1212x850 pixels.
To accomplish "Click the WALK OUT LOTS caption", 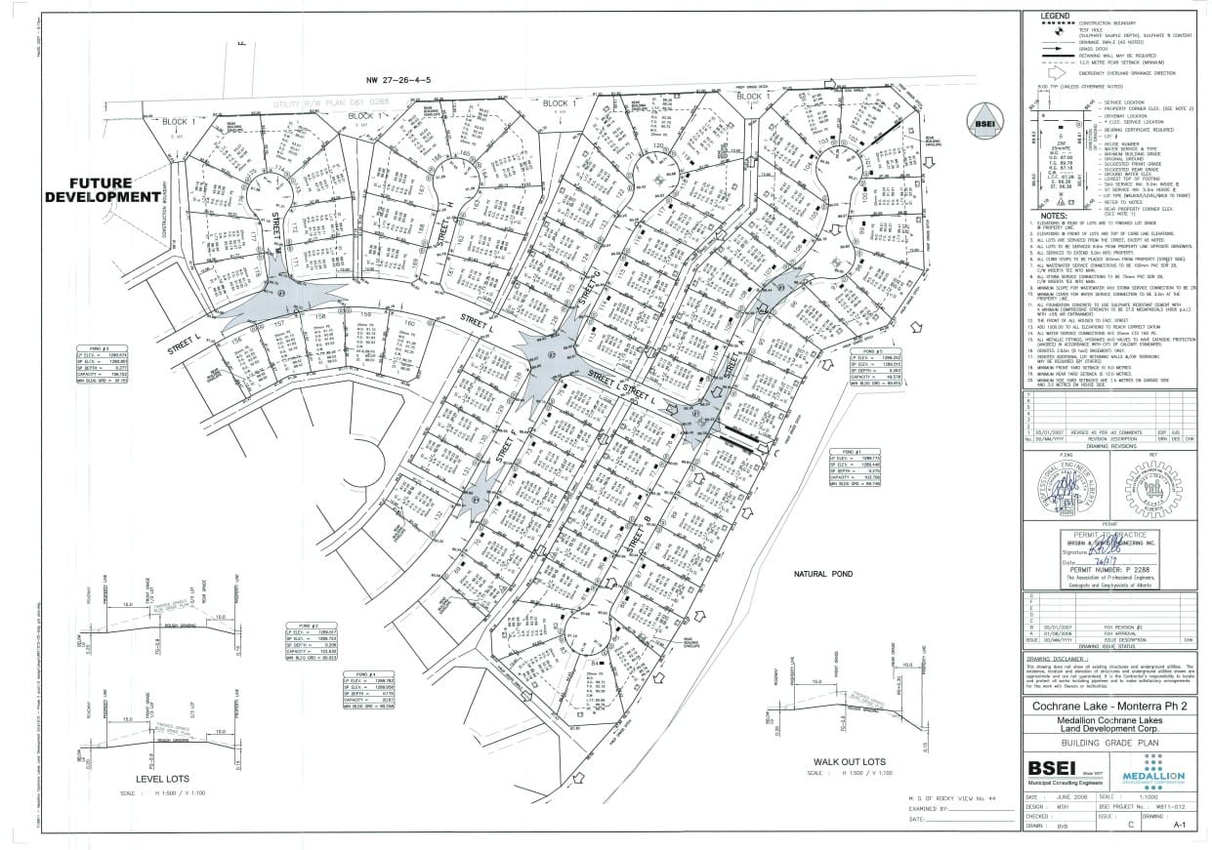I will (x=850, y=761).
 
